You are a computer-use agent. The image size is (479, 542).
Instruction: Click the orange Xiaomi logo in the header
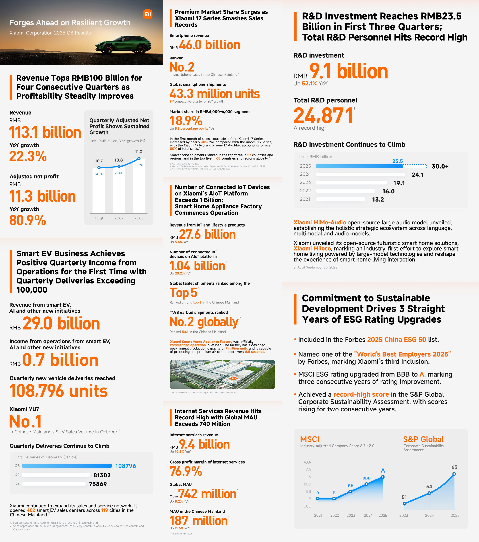coord(148,14)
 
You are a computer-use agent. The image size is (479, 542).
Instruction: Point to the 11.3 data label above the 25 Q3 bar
coord(139,152)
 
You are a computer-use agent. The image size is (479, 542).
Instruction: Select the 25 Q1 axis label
coord(99,218)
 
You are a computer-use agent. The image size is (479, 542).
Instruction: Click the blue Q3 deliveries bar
coord(67,466)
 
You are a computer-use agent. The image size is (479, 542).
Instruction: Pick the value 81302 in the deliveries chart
coord(102,475)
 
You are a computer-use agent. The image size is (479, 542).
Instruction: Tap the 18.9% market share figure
coord(186,121)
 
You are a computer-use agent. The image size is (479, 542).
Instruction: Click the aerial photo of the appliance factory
coord(222,374)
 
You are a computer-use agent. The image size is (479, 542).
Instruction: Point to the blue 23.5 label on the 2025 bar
coord(397,161)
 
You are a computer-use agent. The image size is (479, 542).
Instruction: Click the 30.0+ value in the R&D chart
coord(440,167)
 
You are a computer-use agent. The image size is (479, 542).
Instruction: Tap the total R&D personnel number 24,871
coord(323,116)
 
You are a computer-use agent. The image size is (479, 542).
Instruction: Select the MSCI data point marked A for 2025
coord(383,477)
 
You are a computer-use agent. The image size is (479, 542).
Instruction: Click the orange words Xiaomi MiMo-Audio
coord(319,222)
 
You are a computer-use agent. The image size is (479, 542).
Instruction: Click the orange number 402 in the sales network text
coord(31,510)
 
